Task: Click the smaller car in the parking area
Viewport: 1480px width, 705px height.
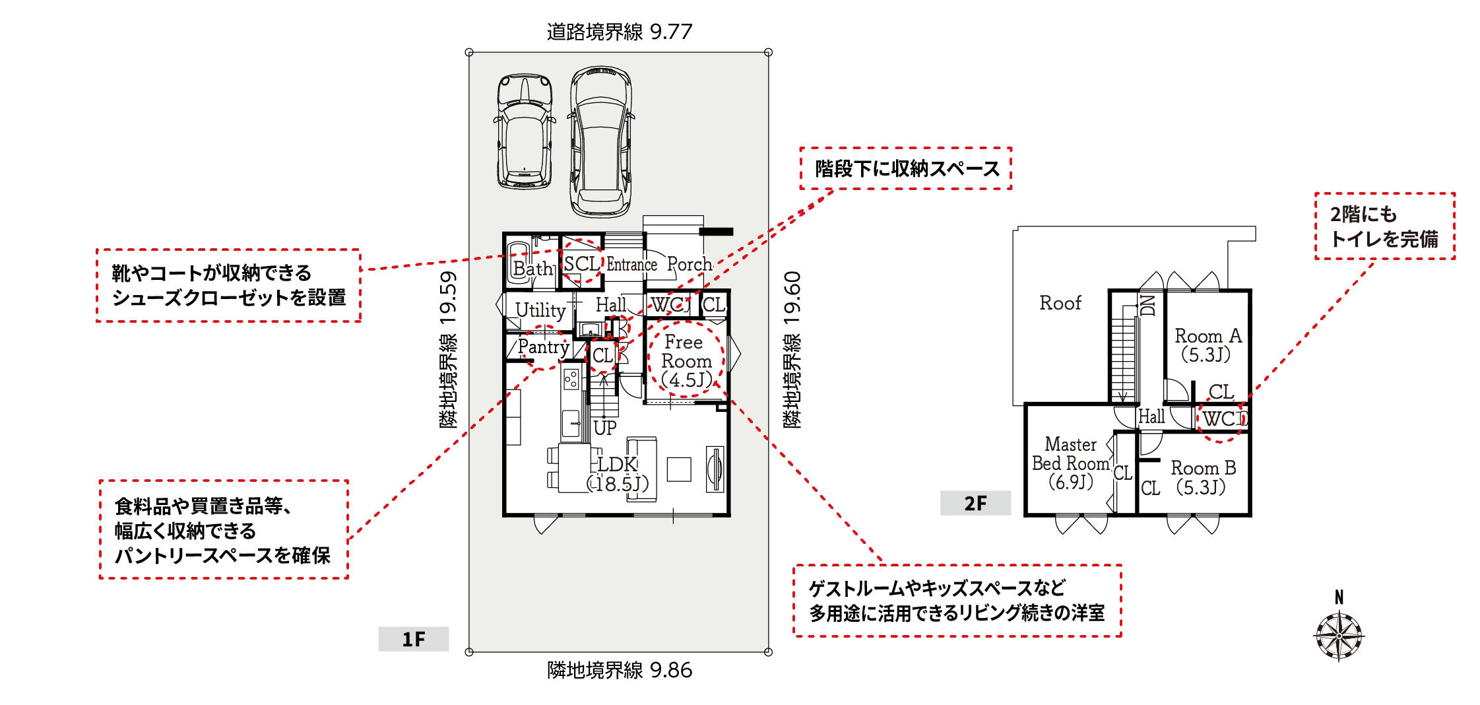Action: click(x=525, y=131)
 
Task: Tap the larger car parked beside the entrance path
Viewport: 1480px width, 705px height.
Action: click(x=601, y=141)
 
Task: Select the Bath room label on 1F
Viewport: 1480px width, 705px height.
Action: click(x=533, y=269)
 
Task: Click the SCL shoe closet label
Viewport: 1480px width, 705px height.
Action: click(x=582, y=264)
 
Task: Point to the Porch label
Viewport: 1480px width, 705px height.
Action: click(x=690, y=264)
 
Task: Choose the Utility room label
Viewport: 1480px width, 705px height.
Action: click(x=540, y=310)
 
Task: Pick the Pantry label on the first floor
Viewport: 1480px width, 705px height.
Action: click(x=544, y=347)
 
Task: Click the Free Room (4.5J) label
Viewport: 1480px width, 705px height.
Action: click(x=686, y=361)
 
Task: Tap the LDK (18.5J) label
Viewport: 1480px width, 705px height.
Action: click(x=618, y=474)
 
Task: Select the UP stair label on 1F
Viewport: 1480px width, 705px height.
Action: click(x=605, y=428)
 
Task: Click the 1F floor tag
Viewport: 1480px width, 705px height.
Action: click(x=414, y=639)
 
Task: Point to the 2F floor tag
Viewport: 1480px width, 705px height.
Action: click(x=975, y=504)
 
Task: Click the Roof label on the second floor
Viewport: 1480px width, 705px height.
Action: click(x=1060, y=303)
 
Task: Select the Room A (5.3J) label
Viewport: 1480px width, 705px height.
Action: click(x=1208, y=345)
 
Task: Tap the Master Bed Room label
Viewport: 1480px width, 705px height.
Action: click(x=1071, y=463)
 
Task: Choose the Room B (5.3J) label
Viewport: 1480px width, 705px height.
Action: click(x=1203, y=478)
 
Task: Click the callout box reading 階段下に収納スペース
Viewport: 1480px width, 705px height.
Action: click(x=906, y=169)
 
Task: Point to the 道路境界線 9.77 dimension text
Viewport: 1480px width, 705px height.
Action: click(x=620, y=32)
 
